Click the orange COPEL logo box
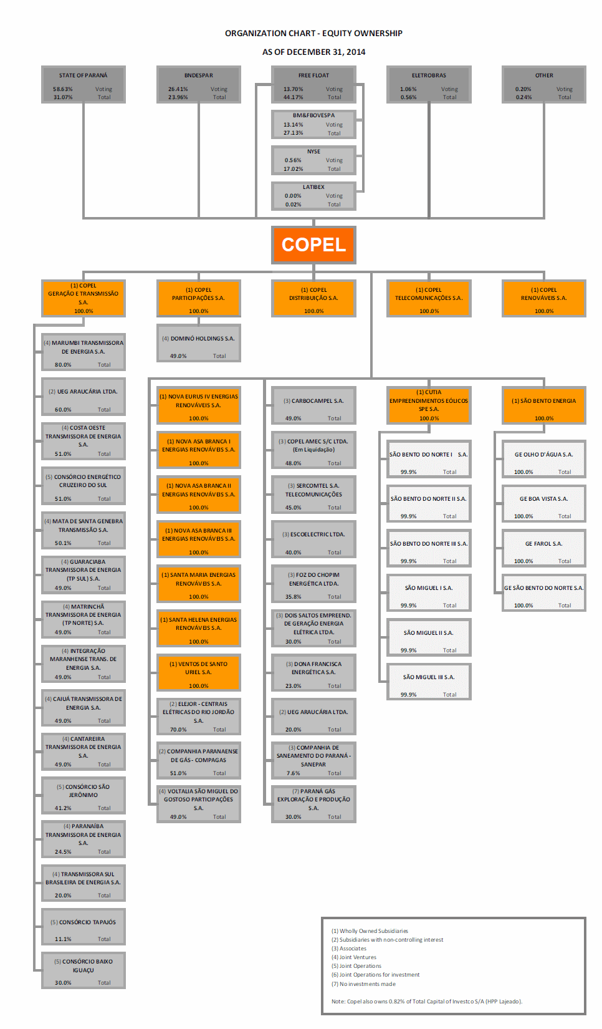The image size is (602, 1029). click(x=313, y=244)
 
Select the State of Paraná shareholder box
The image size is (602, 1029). click(x=83, y=84)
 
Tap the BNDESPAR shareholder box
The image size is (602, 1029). click(x=198, y=84)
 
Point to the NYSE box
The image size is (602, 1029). click(x=313, y=160)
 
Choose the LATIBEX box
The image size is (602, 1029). click(x=313, y=196)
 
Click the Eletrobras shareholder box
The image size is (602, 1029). click(x=429, y=84)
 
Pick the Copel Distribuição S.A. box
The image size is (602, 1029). click(x=313, y=299)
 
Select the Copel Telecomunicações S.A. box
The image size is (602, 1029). click(x=429, y=299)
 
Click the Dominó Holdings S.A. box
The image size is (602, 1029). click(x=198, y=343)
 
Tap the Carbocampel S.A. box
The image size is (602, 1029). click(x=313, y=405)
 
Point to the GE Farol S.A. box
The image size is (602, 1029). click(x=544, y=548)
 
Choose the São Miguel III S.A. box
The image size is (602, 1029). click(x=429, y=681)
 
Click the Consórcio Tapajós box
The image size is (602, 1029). click(x=83, y=926)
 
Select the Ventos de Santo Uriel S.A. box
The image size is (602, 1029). click(x=198, y=672)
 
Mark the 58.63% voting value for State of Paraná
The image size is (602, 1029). click(x=63, y=89)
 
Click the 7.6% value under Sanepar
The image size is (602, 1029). click(x=294, y=773)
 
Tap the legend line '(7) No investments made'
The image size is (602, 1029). click(x=363, y=984)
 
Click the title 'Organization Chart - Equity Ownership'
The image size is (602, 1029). click(x=313, y=33)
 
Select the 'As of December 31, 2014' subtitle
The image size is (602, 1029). click(x=313, y=52)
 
